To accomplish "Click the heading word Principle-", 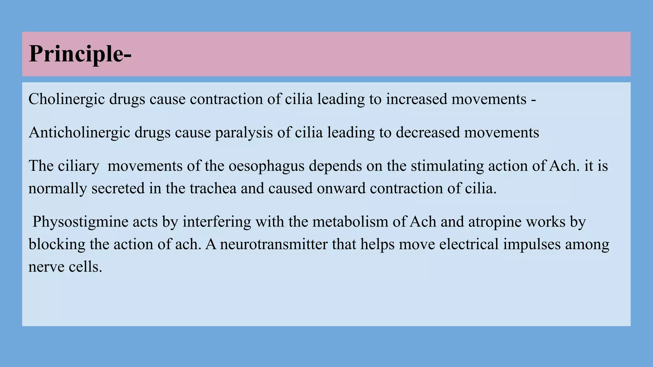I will pyautogui.click(x=80, y=54).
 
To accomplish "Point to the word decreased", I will pyautogui.click(x=428, y=133).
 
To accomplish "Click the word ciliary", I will pyautogui.click(x=78, y=166).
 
